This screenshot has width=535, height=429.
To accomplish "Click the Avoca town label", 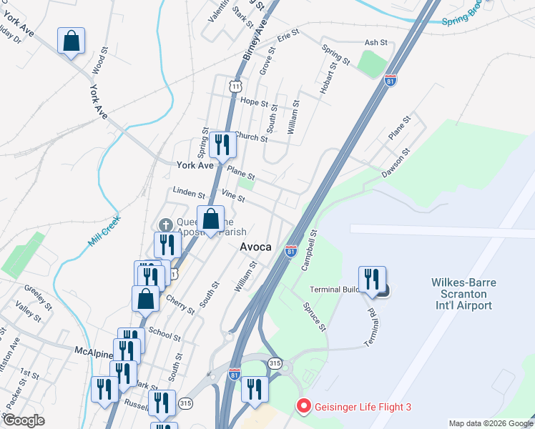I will (255, 247).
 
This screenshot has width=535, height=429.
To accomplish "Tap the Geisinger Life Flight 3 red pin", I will (303, 407).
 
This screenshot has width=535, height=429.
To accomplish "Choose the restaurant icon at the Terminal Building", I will (372, 280).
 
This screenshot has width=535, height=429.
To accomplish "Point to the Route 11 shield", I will (235, 86).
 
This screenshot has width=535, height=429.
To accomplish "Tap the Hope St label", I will (254, 102).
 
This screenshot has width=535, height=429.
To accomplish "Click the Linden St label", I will (190, 194).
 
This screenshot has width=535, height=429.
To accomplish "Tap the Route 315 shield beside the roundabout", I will (275, 364).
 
